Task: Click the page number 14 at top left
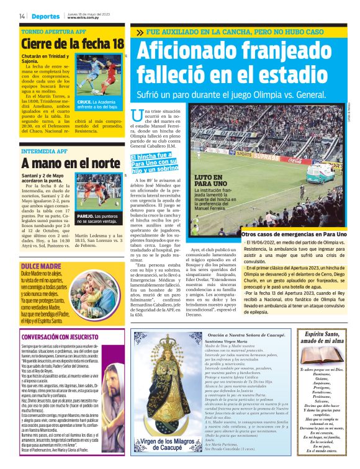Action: click(x=22, y=16)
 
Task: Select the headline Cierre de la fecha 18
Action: click(x=72, y=44)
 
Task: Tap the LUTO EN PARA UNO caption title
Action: click(x=212, y=181)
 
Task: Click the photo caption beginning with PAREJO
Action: click(x=99, y=218)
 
